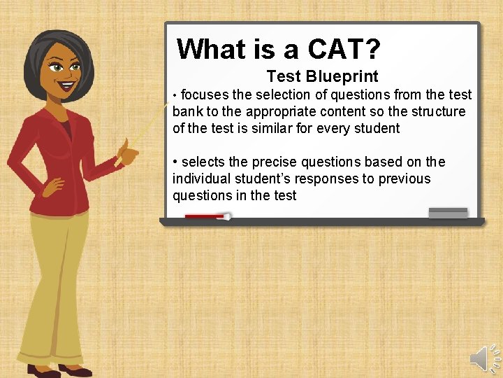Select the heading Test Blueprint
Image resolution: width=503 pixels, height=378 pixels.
coord(322,77)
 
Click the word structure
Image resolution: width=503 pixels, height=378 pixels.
coord(437,111)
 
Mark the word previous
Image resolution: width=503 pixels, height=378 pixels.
coord(404,178)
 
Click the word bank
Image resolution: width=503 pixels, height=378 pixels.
coord(187,111)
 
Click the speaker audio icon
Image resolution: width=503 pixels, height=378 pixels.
coord(483,359)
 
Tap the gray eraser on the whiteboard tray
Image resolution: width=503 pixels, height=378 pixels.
coord(448,213)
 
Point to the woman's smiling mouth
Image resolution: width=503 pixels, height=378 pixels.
coord(67,87)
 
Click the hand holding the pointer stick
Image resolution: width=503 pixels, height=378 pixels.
coord(126,151)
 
